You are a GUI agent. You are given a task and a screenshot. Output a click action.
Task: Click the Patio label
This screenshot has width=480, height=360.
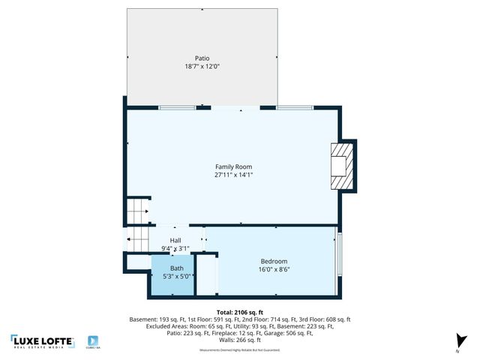click(202, 58)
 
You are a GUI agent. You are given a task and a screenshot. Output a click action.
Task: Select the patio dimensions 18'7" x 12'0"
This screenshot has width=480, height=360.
click(202, 66)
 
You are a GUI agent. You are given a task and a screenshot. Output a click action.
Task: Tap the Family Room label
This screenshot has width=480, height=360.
click(233, 166)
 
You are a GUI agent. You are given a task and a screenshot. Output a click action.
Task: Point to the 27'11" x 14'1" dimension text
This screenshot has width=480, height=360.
click(233, 175)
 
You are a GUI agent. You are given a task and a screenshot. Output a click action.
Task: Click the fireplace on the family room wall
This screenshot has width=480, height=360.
click(342, 166)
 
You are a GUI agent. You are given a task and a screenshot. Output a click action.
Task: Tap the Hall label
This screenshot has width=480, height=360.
click(175, 241)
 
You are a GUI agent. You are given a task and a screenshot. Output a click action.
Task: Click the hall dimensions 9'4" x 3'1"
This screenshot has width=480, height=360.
click(175, 248)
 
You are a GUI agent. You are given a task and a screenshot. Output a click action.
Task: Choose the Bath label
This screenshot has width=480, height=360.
click(176, 268)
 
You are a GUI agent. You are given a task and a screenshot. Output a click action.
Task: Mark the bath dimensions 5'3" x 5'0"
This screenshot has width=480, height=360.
click(176, 276)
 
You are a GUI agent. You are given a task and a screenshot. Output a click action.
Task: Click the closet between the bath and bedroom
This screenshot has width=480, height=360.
click(207, 275)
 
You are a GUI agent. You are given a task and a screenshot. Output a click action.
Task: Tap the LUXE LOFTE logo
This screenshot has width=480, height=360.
click(42, 341)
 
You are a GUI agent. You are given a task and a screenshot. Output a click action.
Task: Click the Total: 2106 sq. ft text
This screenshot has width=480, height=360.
click(240, 311)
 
